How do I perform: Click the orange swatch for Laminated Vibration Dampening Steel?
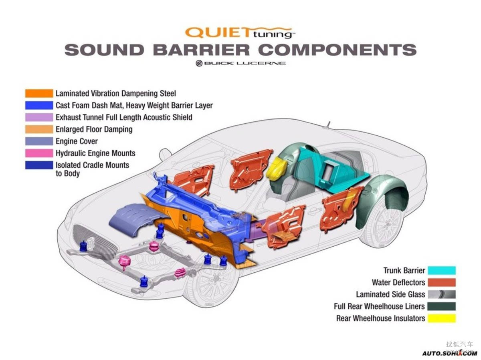pyautogui.click(x=39, y=93)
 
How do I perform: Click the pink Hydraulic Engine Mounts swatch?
pyautogui.click(x=39, y=153)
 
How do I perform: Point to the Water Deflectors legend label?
pyautogui.click(x=398, y=282)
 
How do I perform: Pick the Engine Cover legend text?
pyautogui.click(x=77, y=141)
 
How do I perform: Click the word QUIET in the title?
pyautogui.click(x=219, y=32)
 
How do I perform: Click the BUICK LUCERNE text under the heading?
pyautogui.click(x=245, y=63)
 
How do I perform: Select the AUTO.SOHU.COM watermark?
pyautogui.click(x=449, y=353)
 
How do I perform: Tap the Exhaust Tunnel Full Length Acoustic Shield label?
pyautogui.click(x=124, y=117)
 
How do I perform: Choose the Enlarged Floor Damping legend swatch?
pyautogui.click(x=39, y=129)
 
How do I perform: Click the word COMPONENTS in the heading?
pyautogui.click(x=337, y=50)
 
